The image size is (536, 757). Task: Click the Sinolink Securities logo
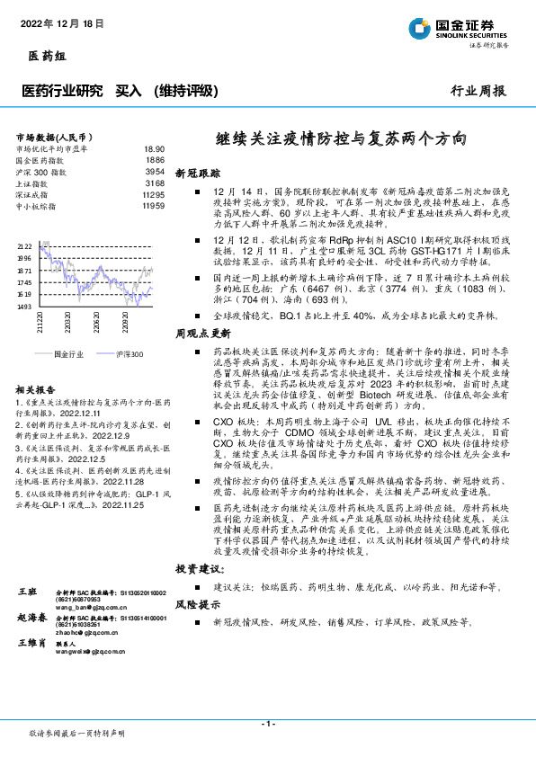tap(468, 28)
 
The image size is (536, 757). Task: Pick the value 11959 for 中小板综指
tap(154, 206)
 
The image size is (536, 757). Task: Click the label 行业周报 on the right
tap(478, 91)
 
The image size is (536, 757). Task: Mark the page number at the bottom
tap(267, 725)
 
